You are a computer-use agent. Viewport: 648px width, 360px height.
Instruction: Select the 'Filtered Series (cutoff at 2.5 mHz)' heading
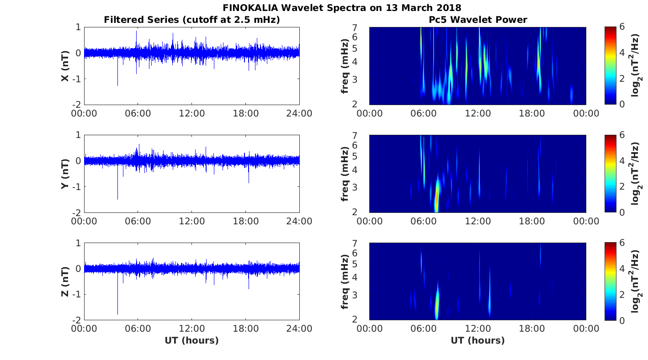coord(191,20)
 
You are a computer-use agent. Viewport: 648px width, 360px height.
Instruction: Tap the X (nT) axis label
coord(65,66)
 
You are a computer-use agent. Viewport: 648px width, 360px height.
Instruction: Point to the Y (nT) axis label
coord(65,174)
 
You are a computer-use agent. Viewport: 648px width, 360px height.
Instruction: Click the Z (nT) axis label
coord(65,281)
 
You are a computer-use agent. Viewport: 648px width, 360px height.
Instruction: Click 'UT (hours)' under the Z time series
coord(191,340)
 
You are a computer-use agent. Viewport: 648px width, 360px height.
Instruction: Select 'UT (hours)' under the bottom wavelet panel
coord(478,340)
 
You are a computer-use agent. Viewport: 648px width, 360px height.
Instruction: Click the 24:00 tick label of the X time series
coord(299,113)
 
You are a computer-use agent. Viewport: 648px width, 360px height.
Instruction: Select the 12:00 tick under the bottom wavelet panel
coord(478,328)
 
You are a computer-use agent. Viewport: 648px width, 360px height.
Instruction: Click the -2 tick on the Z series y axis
coord(77,320)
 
